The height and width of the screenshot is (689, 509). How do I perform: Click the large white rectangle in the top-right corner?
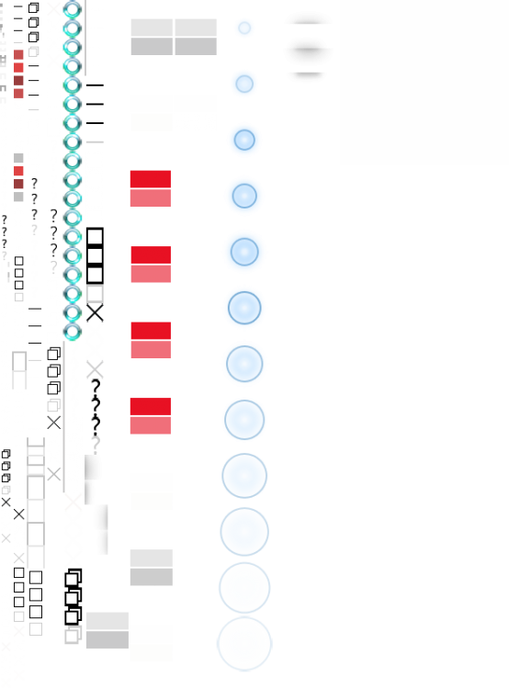click(424, 83)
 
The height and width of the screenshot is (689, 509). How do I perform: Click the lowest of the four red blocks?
click(150, 416)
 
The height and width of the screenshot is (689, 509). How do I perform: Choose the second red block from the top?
click(150, 265)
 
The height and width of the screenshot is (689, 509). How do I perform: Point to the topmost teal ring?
click(73, 9)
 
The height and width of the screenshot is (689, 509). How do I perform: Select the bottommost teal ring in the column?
click(73, 332)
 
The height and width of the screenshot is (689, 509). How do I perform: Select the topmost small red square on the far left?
click(18, 55)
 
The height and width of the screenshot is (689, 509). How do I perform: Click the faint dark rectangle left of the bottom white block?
click(107, 638)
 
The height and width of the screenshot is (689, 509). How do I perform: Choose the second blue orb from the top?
click(244, 84)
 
